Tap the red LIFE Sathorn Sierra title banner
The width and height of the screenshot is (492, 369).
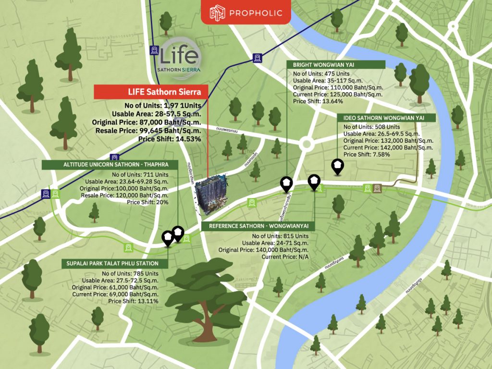(151, 92)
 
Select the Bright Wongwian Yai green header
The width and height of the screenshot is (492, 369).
(335, 64)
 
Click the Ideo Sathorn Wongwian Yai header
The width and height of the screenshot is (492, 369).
(382, 118)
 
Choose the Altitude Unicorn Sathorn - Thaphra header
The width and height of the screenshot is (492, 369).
(110, 165)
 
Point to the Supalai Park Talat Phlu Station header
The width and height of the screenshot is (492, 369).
(115, 264)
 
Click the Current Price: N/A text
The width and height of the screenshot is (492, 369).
(285, 257)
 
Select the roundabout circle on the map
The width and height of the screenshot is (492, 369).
(306, 144)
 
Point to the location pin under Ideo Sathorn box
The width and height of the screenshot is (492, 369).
(338, 166)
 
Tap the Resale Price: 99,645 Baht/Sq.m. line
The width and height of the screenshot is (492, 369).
(148, 130)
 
